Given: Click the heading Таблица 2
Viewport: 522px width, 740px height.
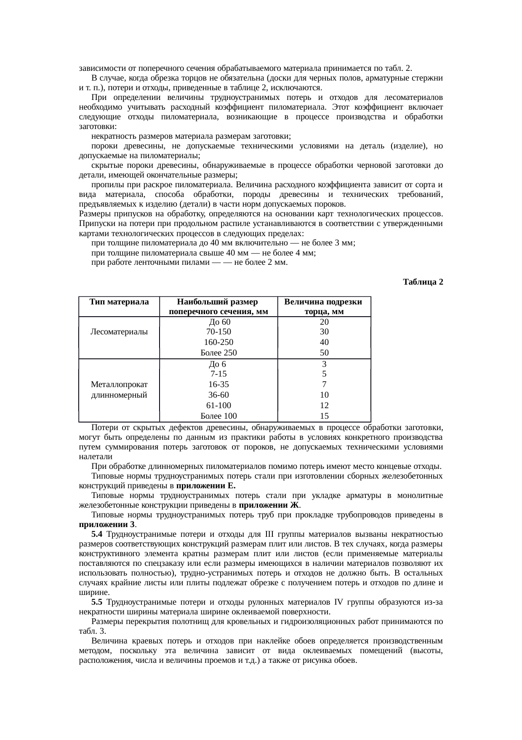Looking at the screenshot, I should point(423,282).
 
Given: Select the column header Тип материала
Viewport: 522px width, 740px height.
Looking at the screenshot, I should point(119,302).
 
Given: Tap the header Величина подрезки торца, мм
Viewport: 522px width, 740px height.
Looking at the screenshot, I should point(324,307).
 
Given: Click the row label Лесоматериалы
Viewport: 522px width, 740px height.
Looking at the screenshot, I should point(119,332).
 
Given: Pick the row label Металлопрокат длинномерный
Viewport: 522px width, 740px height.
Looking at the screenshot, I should point(119,390).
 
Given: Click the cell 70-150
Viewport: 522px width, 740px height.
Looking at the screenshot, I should point(219,332).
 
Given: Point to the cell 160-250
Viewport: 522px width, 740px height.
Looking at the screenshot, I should point(219,342).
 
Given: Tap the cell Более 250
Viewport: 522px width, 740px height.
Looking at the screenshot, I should point(219,353).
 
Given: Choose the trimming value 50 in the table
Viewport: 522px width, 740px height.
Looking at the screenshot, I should point(324,353).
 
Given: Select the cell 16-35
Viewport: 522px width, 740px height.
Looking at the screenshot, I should point(219,385).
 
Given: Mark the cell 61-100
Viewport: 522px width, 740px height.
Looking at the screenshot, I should point(219,406).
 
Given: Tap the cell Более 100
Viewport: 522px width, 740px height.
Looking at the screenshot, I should point(219,416).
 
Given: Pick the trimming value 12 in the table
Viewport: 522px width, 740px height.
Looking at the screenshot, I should point(324,406).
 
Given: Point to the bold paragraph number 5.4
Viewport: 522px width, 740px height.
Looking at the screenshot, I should point(97,535).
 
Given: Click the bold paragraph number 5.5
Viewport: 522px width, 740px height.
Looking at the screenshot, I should point(97,602).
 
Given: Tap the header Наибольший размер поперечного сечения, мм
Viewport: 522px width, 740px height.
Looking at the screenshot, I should point(218,307).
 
